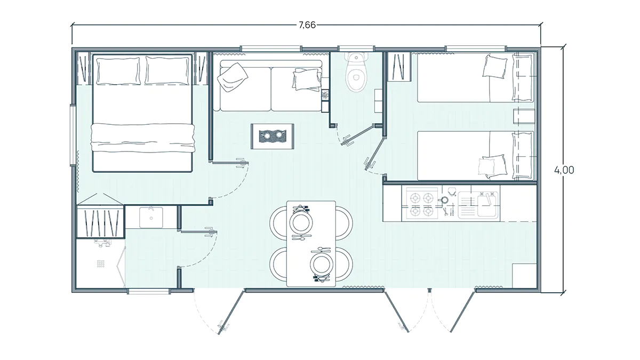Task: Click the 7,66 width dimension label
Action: [307, 25]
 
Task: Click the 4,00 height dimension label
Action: [564, 170]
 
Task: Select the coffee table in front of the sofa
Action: [273, 137]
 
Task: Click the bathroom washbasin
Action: [151, 218]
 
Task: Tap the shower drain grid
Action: [101, 263]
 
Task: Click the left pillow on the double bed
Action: [118, 71]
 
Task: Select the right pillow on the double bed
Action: [167, 70]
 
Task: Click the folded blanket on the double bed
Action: [143, 138]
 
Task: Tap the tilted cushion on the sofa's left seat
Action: [233, 77]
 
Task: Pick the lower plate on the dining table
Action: [322, 263]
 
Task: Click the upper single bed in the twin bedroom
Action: [475, 77]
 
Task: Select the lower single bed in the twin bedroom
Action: [475, 156]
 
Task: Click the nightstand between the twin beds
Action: [524, 116]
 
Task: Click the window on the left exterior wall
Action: [73, 135]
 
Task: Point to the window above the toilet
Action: [356, 49]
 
